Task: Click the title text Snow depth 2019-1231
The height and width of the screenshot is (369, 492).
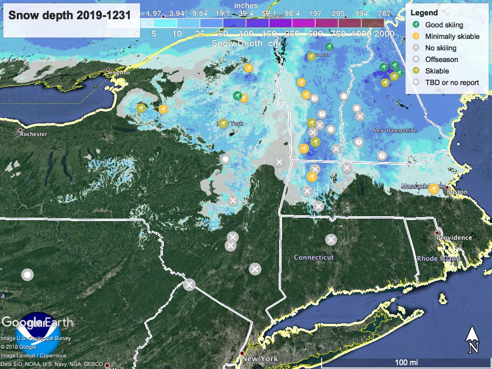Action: coord(69,15)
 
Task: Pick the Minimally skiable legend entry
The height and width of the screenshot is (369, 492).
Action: coord(452,37)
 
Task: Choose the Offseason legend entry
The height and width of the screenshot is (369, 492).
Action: coord(441,60)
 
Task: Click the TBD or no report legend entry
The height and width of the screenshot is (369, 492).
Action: coord(452,82)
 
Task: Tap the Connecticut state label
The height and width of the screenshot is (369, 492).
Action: coord(314,258)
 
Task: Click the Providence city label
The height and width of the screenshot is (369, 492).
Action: coord(454,237)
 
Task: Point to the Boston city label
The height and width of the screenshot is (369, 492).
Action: coord(457,192)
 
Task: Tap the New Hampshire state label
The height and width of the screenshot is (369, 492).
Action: coord(394,131)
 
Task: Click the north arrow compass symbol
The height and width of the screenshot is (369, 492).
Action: coord(472,338)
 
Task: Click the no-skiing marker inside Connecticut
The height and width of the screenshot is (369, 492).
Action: coord(331,239)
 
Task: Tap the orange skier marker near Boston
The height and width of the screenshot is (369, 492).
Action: coord(433,188)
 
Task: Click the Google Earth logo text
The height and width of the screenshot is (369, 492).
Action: coord(37,322)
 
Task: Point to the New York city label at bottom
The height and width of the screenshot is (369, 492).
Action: coord(260,359)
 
